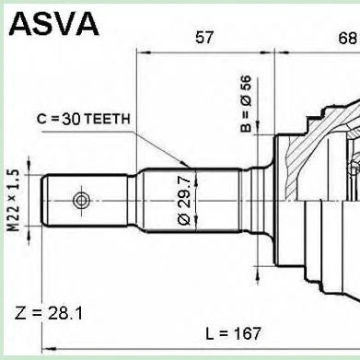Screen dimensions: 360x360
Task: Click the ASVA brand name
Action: pyautogui.click(x=53, y=23)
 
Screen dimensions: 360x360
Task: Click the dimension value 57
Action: pyautogui.click(x=204, y=38)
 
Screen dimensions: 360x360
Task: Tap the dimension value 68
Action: pyautogui.click(x=347, y=38)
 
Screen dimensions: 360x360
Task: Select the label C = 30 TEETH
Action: pyautogui.click(x=84, y=118)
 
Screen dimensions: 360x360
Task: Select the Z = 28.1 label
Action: pyautogui.click(x=49, y=313)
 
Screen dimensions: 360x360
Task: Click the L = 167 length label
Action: pyautogui.click(x=233, y=332)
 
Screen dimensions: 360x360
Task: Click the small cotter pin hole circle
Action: pyautogui.click(x=82, y=200)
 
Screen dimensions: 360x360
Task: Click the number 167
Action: pyautogui.click(x=246, y=332)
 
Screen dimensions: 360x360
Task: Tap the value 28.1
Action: pyautogui.click(x=63, y=313)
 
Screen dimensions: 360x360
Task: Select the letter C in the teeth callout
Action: pyautogui.click(x=41, y=118)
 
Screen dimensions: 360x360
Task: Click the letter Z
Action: pyautogui.click(x=21, y=313)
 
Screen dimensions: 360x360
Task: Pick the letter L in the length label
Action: pyautogui.click(x=209, y=332)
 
